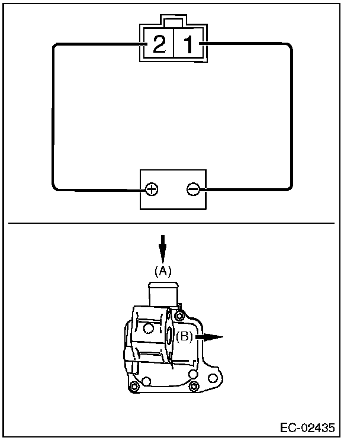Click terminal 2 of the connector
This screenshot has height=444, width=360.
coord(159,45)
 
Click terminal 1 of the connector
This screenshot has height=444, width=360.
coord(187,45)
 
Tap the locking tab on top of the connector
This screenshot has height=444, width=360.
coord(173,24)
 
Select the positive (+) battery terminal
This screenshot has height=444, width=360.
coord(152,189)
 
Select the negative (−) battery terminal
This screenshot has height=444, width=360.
coord(192,189)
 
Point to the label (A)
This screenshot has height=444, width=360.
coord(163,271)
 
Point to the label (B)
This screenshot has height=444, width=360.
coord(184,337)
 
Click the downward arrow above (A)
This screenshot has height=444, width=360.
coord(163,246)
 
